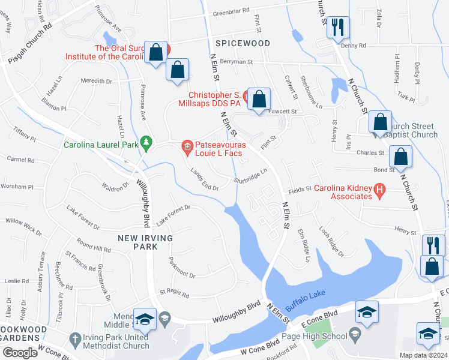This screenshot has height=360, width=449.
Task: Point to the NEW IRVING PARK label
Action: [145, 242]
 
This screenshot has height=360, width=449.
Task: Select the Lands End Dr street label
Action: [204, 179]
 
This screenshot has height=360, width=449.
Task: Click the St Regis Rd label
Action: [174, 294]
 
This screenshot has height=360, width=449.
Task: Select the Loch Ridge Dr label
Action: [331, 241]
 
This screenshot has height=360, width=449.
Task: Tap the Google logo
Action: [20, 353]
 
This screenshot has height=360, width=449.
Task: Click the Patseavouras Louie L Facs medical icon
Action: [187, 146]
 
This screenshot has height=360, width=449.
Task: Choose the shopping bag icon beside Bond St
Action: [400, 157]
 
